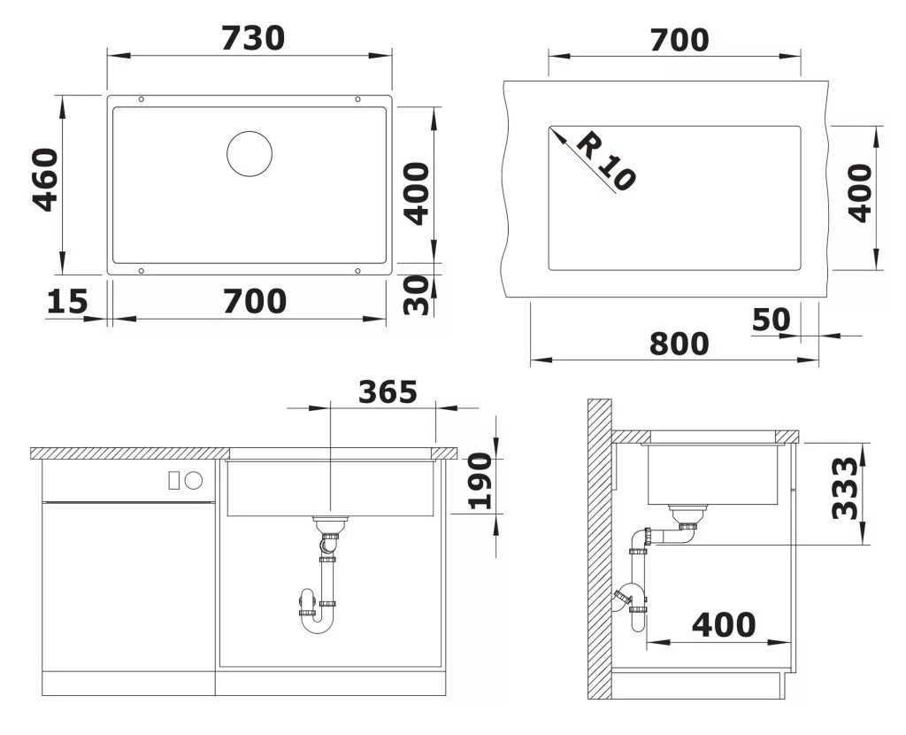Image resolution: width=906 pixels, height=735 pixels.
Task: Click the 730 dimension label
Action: (x=253, y=38)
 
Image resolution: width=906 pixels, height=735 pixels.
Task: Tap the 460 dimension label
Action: (x=46, y=180)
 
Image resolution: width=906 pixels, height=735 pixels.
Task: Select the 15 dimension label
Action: (x=67, y=301)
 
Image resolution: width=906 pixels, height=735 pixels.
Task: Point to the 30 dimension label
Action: (x=418, y=295)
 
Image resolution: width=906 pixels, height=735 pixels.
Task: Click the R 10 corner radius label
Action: (x=606, y=161)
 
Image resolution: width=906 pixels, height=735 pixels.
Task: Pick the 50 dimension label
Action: (x=772, y=320)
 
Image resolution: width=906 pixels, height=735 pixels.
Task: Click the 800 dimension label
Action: (x=679, y=344)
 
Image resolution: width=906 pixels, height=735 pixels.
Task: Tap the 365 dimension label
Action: (x=388, y=392)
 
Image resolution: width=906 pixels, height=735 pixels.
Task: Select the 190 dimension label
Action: (x=480, y=482)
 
